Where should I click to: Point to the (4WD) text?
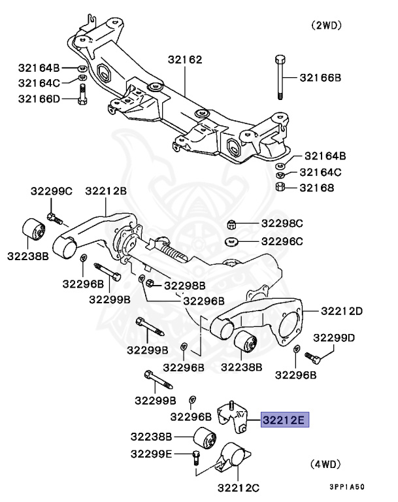(x=324, y=464)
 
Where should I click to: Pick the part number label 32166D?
(x=39, y=99)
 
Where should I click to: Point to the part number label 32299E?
(x=151, y=454)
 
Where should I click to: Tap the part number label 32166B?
(x=321, y=78)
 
